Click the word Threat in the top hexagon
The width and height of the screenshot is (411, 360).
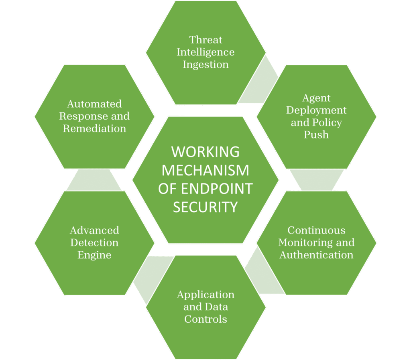pos(205,40)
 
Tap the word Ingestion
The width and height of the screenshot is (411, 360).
pos(205,65)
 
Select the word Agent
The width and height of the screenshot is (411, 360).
pos(316,98)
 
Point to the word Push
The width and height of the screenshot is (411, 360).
pos(316,135)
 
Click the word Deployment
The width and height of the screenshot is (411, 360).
pos(316,110)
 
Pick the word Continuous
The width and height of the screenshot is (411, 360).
pos(316,230)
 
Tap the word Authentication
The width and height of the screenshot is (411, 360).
pos(316,255)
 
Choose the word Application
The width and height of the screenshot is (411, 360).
pos(205,295)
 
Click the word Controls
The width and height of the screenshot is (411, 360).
pos(205,319)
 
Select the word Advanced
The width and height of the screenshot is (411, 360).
pos(94,230)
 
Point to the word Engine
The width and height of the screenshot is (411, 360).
pos(94,255)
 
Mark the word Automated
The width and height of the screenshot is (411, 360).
pos(94,104)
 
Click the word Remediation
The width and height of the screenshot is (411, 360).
pos(94,129)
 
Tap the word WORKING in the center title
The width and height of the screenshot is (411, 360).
pos(205,152)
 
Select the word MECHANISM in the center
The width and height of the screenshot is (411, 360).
pos(205,170)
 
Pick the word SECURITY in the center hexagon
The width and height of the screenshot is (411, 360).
pos(205,207)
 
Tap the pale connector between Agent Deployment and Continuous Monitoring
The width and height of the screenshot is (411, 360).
pos(317,179)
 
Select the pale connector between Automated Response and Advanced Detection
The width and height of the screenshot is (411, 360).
pos(94,180)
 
